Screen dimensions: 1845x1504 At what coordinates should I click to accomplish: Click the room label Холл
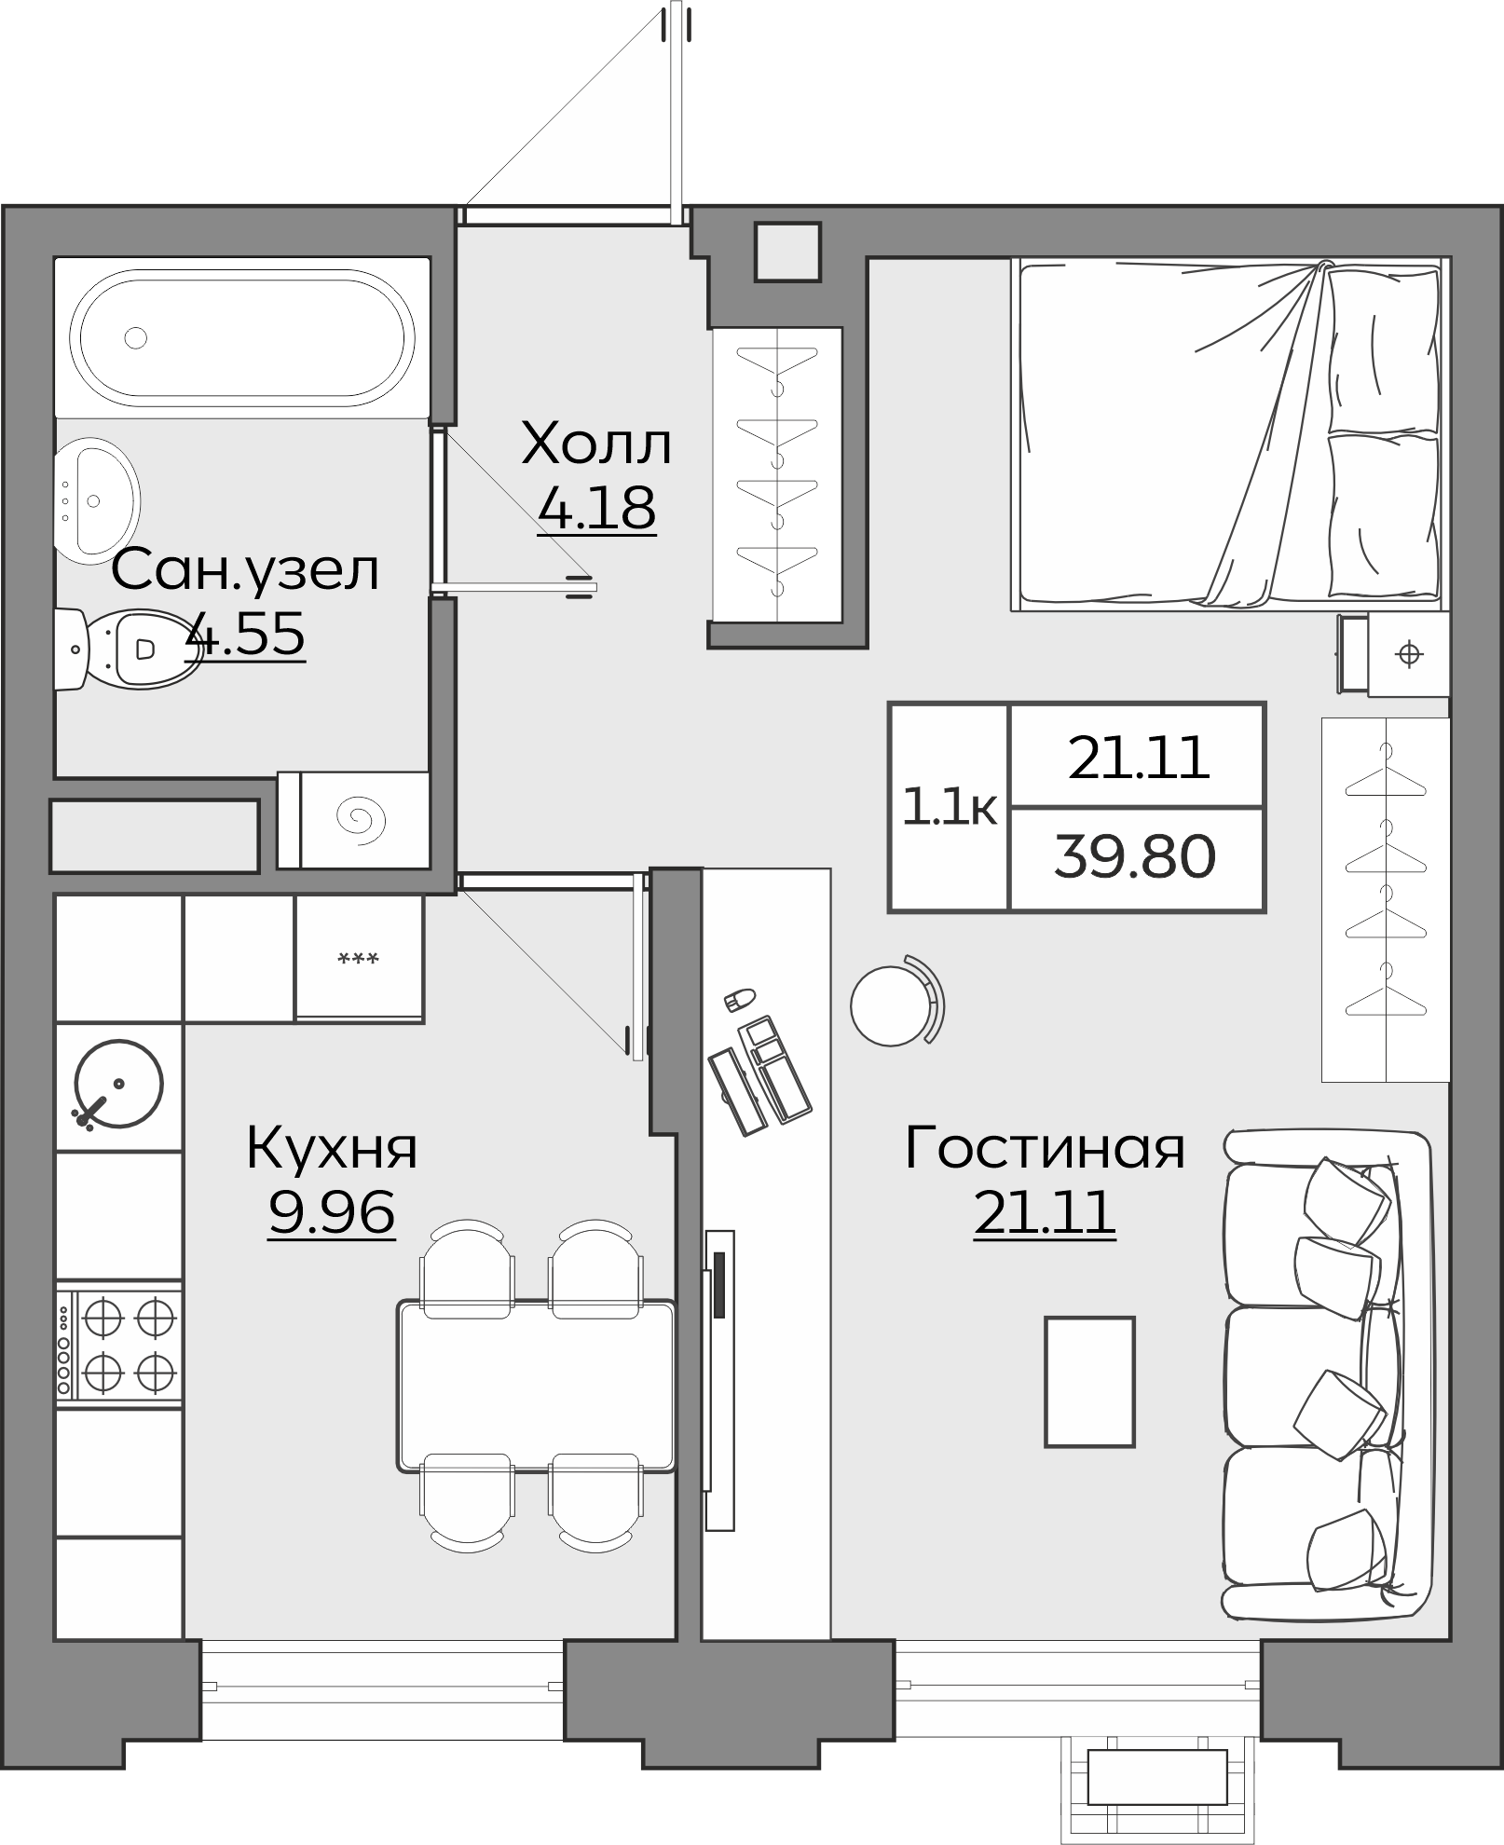(x=596, y=444)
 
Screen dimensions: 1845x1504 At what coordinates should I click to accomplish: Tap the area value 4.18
(x=596, y=508)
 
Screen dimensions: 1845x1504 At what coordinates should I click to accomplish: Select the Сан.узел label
(x=245, y=570)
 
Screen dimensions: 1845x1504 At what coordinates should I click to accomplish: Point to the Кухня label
(x=332, y=1149)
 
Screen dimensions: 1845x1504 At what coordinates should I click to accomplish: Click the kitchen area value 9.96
(x=332, y=1212)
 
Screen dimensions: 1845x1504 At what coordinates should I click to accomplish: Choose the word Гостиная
(x=1044, y=1149)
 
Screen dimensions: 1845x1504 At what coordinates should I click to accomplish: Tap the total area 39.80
(x=1135, y=857)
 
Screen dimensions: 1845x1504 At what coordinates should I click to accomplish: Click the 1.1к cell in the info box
(x=949, y=807)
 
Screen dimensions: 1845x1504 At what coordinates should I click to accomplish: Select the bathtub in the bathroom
(x=242, y=337)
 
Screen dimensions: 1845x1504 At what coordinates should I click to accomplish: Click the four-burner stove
(x=119, y=1343)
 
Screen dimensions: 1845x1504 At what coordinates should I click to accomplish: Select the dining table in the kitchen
(x=536, y=1386)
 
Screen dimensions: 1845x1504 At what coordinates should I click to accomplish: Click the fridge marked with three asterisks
(x=359, y=960)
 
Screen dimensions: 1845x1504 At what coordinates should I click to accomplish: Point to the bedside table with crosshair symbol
(x=1408, y=654)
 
